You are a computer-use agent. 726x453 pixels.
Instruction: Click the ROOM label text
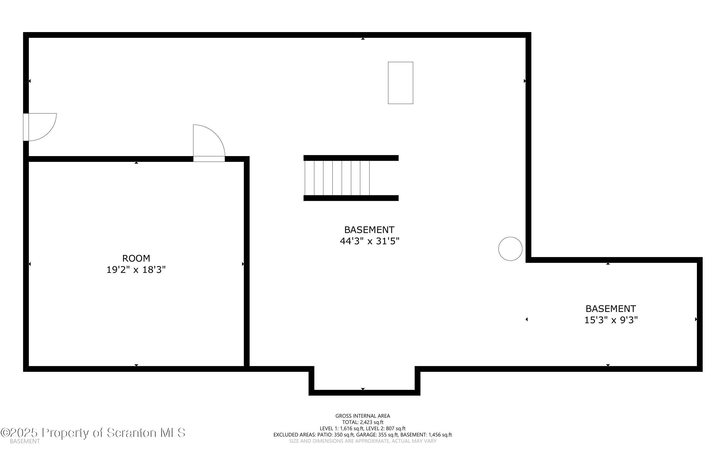tap(136, 258)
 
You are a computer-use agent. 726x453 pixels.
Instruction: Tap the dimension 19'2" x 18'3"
tap(136, 270)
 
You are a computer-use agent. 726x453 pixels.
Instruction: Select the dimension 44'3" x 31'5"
tap(370, 241)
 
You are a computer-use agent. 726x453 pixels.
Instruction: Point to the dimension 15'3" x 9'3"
tap(611, 320)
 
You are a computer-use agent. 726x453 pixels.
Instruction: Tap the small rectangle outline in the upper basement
tap(400, 83)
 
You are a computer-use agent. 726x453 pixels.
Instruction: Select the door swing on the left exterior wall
tap(40, 127)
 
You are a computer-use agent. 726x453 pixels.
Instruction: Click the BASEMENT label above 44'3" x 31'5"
tap(369, 230)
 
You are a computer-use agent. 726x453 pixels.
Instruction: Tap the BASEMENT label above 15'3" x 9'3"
tap(611, 309)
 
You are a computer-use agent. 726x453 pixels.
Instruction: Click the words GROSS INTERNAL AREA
tap(362, 416)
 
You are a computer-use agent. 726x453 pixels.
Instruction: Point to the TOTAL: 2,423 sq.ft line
tap(362, 422)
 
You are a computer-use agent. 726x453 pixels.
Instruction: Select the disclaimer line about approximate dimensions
tap(362, 441)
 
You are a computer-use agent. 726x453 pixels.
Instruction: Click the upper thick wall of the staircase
tap(351, 158)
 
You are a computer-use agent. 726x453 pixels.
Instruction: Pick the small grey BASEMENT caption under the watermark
tap(25, 441)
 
